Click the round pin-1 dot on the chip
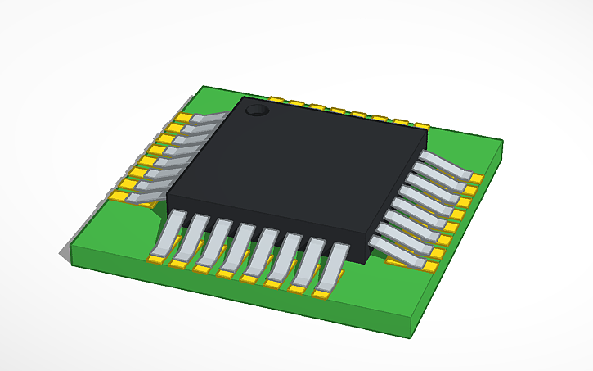[x=257, y=110]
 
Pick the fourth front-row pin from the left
[x=238, y=249]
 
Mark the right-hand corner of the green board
[x=502, y=141]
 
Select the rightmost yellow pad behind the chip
[x=422, y=127]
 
